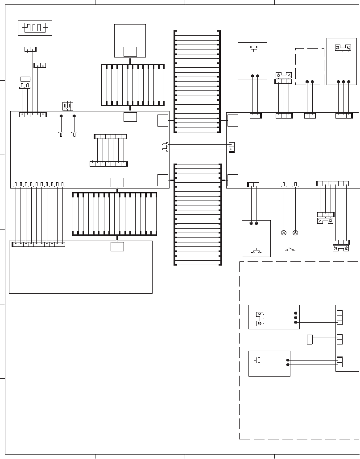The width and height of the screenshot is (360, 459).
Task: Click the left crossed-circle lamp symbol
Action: click(x=283, y=233)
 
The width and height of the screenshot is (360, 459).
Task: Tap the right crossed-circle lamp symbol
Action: click(x=295, y=233)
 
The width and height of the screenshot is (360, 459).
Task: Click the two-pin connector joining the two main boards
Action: click(x=231, y=147)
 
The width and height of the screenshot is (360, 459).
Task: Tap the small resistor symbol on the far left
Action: click(x=25, y=79)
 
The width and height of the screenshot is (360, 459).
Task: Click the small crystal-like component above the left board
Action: click(x=68, y=106)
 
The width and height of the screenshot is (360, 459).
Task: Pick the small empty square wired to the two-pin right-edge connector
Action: click(x=310, y=339)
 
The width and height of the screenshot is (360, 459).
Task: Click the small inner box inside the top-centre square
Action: click(x=130, y=52)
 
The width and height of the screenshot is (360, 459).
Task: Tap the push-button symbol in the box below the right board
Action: click(x=257, y=251)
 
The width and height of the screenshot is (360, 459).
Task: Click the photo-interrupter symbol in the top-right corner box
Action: click(x=343, y=47)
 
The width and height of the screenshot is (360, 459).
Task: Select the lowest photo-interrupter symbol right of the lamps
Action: click(x=341, y=248)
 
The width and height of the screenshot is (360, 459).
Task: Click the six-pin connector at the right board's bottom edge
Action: click(x=332, y=184)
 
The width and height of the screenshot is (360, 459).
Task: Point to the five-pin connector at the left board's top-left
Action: click(x=33, y=115)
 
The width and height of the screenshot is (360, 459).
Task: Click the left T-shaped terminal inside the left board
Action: click(x=62, y=133)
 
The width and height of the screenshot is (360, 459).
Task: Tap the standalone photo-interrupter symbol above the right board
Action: click(x=284, y=74)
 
